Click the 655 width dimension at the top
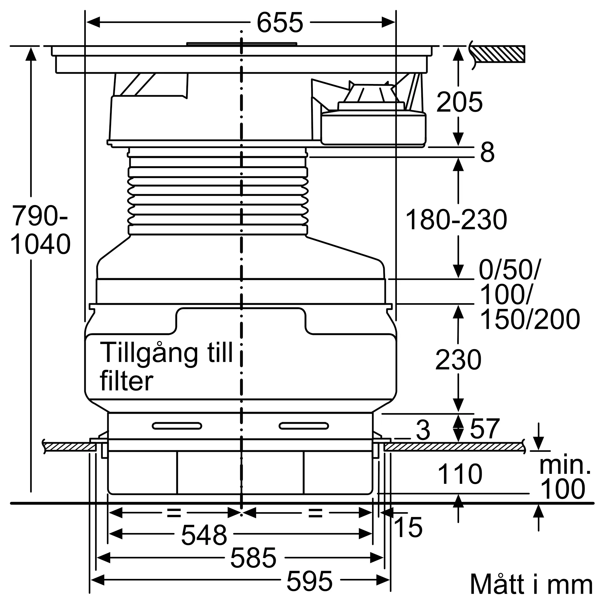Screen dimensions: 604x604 280,23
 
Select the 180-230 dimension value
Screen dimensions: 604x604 456,220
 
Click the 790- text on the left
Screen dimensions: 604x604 39,215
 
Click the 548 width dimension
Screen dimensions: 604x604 204,535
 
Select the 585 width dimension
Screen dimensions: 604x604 253,558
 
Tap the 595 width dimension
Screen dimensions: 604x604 310,581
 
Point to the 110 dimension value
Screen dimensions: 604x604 460,474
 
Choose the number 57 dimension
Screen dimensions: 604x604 485,429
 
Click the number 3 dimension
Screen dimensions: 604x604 423,430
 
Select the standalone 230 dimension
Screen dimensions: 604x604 458,360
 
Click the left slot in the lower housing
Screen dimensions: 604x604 177,426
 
